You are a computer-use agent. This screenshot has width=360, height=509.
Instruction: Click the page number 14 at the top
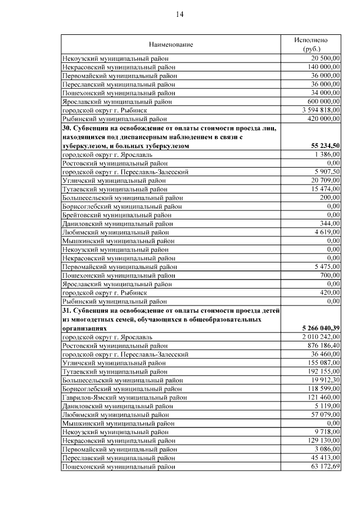(179, 14)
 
